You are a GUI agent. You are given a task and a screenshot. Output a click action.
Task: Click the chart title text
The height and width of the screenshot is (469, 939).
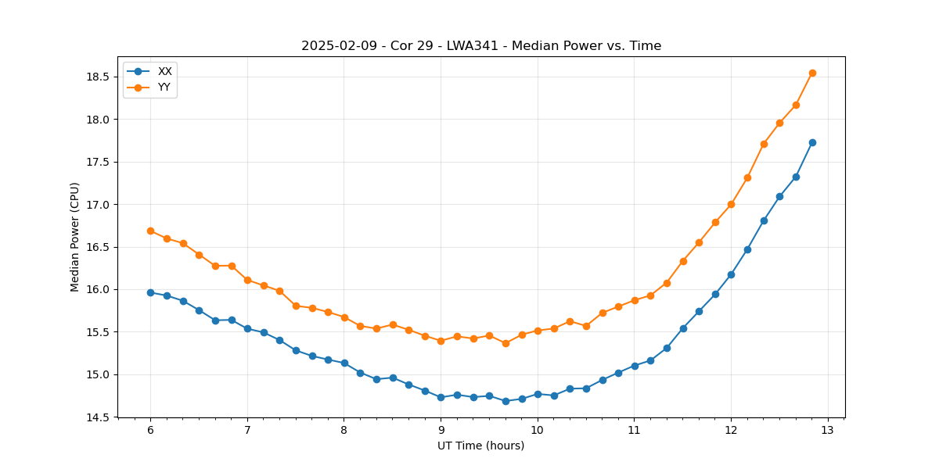click(481, 46)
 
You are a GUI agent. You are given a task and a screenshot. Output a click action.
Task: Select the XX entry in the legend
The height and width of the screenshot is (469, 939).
click(164, 71)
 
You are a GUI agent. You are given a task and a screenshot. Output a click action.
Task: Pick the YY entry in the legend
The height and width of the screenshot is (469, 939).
click(164, 88)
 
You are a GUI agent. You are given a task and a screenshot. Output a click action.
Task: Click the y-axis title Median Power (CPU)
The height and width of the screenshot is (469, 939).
click(75, 237)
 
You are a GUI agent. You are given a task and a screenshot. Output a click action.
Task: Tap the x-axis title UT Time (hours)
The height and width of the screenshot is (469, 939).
click(481, 446)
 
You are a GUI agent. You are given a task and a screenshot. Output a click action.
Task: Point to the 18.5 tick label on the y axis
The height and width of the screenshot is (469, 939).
click(99, 77)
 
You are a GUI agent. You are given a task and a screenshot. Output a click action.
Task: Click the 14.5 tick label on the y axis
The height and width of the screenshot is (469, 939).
click(99, 417)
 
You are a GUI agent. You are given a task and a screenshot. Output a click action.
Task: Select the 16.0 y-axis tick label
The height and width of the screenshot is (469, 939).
click(99, 289)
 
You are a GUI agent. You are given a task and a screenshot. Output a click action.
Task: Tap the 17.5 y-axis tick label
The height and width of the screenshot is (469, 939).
click(99, 162)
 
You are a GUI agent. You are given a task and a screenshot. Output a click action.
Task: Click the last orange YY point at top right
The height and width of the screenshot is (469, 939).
click(812, 73)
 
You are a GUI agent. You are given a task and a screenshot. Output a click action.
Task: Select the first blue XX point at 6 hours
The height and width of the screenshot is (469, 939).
click(150, 292)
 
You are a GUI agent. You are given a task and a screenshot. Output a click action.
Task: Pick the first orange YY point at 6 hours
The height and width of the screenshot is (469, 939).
click(150, 231)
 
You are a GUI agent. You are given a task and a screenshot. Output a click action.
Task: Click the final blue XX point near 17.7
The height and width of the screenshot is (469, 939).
click(812, 142)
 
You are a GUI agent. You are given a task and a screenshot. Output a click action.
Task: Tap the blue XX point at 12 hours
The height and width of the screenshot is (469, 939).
click(731, 274)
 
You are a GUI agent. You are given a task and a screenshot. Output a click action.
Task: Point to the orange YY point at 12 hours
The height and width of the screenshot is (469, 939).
click(731, 204)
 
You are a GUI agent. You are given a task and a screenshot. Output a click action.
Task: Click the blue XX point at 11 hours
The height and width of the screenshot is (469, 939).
click(635, 366)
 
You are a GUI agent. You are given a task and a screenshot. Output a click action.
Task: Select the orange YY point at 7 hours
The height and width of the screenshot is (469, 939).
click(247, 280)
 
